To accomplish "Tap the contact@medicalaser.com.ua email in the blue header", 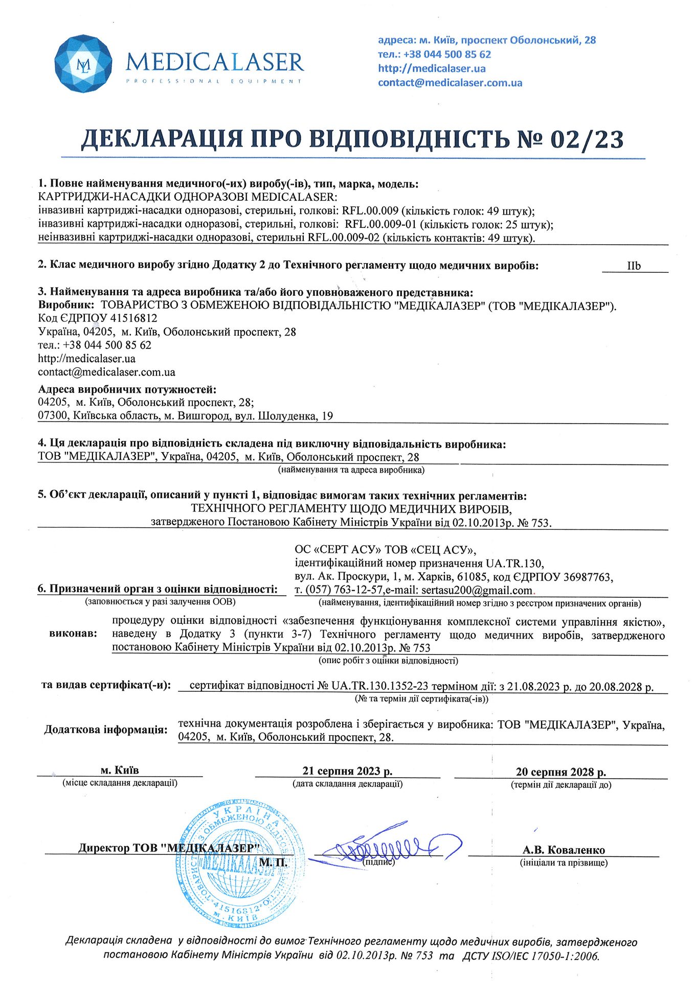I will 450,83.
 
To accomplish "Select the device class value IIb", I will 634,266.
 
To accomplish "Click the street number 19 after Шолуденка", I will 327,416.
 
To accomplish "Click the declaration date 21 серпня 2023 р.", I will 347,771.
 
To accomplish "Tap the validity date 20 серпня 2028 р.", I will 561,772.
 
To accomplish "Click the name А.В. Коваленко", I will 564,850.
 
